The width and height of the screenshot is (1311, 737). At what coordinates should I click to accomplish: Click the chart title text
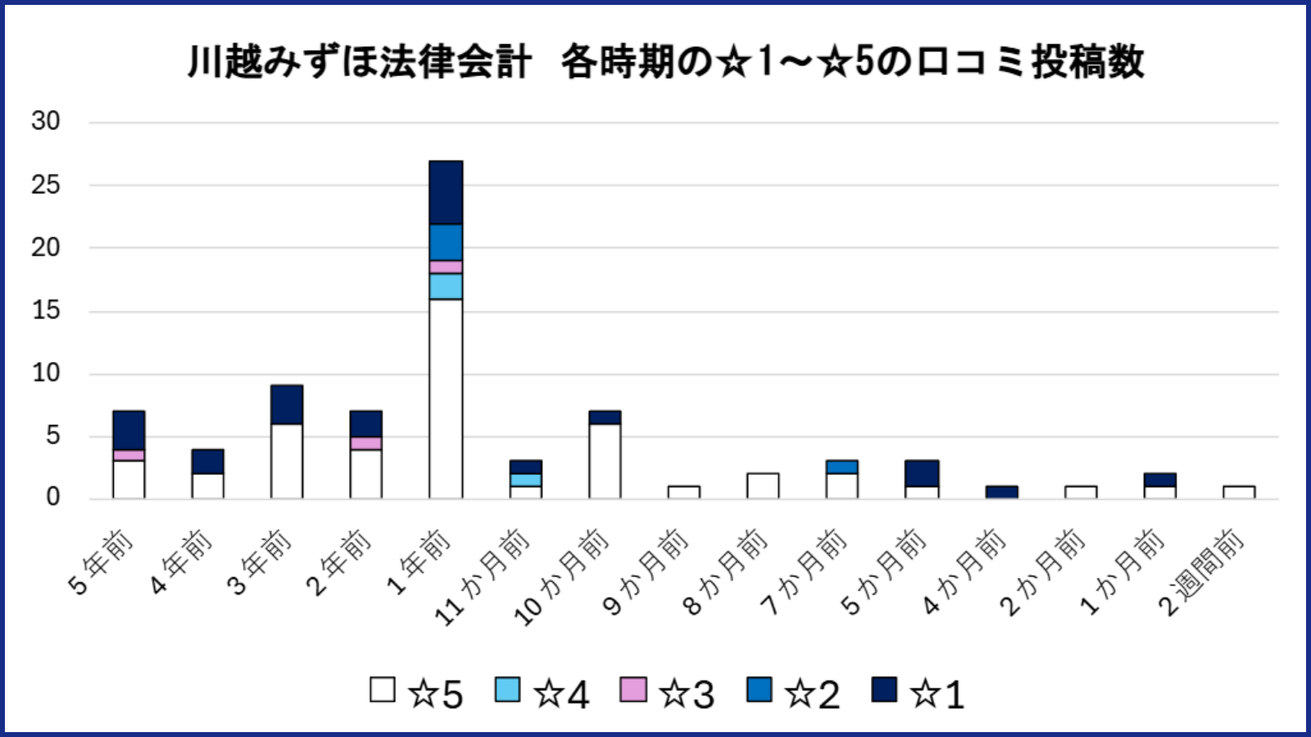click(665, 61)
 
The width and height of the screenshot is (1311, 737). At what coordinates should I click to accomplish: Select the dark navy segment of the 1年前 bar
click(446, 192)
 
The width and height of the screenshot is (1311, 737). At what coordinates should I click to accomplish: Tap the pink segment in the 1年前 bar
click(446, 267)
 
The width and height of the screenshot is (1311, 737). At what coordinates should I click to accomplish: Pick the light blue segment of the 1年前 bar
click(446, 287)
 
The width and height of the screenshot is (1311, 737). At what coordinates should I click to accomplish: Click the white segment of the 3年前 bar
click(287, 461)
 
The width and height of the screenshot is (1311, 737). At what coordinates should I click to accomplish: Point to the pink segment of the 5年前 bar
click(129, 455)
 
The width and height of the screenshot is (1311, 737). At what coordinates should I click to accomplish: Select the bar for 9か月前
click(683, 492)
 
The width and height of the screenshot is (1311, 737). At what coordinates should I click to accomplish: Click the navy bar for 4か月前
click(1001, 492)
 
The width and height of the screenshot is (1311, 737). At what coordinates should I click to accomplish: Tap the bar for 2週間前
click(1239, 492)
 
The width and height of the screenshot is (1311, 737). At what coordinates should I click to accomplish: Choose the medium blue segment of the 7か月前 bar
click(842, 467)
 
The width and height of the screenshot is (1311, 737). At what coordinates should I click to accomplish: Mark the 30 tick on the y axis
click(46, 121)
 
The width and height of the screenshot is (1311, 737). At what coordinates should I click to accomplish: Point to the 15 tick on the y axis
click(46, 310)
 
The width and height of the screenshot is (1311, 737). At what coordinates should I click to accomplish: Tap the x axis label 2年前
click(338, 563)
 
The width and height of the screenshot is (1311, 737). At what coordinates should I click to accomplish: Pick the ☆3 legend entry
click(668, 693)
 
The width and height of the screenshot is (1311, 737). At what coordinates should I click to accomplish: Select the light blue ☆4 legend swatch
click(508, 690)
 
